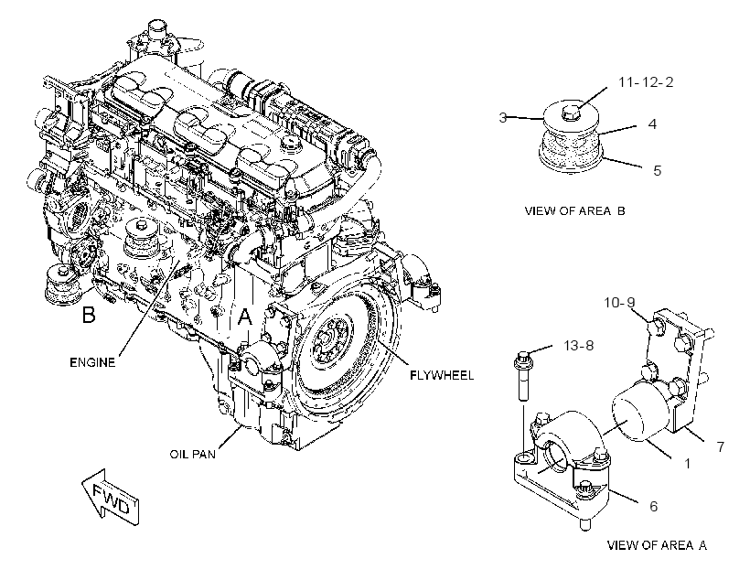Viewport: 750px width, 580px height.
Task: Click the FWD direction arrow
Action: [x=111, y=498]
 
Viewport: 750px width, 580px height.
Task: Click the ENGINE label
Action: [x=92, y=362]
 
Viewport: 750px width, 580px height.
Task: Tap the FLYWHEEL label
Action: [x=442, y=375]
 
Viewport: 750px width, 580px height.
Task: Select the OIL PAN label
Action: [x=192, y=454]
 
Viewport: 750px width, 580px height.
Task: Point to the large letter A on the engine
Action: [x=245, y=317]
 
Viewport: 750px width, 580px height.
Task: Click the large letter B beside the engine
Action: [x=89, y=315]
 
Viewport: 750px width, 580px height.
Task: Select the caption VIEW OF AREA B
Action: [x=574, y=210]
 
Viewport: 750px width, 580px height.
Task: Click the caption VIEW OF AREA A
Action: [x=657, y=544]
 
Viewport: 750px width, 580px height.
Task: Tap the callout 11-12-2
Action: [x=645, y=82]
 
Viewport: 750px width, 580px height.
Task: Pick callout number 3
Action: [x=503, y=117]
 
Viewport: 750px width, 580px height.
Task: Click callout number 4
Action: [x=652, y=124]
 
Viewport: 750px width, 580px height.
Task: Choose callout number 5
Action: [x=657, y=170]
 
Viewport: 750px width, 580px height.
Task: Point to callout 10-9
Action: [x=619, y=303]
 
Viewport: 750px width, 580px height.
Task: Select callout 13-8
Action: [x=578, y=345]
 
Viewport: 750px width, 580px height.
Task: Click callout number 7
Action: [x=720, y=446]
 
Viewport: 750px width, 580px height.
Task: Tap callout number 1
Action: [x=687, y=463]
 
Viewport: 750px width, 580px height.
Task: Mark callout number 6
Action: [x=653, y=506]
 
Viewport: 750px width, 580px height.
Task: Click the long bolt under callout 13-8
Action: [x=523, y=376]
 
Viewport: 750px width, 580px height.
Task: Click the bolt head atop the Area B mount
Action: [x=569, y=113]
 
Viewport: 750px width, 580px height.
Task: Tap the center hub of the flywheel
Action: [x=326, y=338]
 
